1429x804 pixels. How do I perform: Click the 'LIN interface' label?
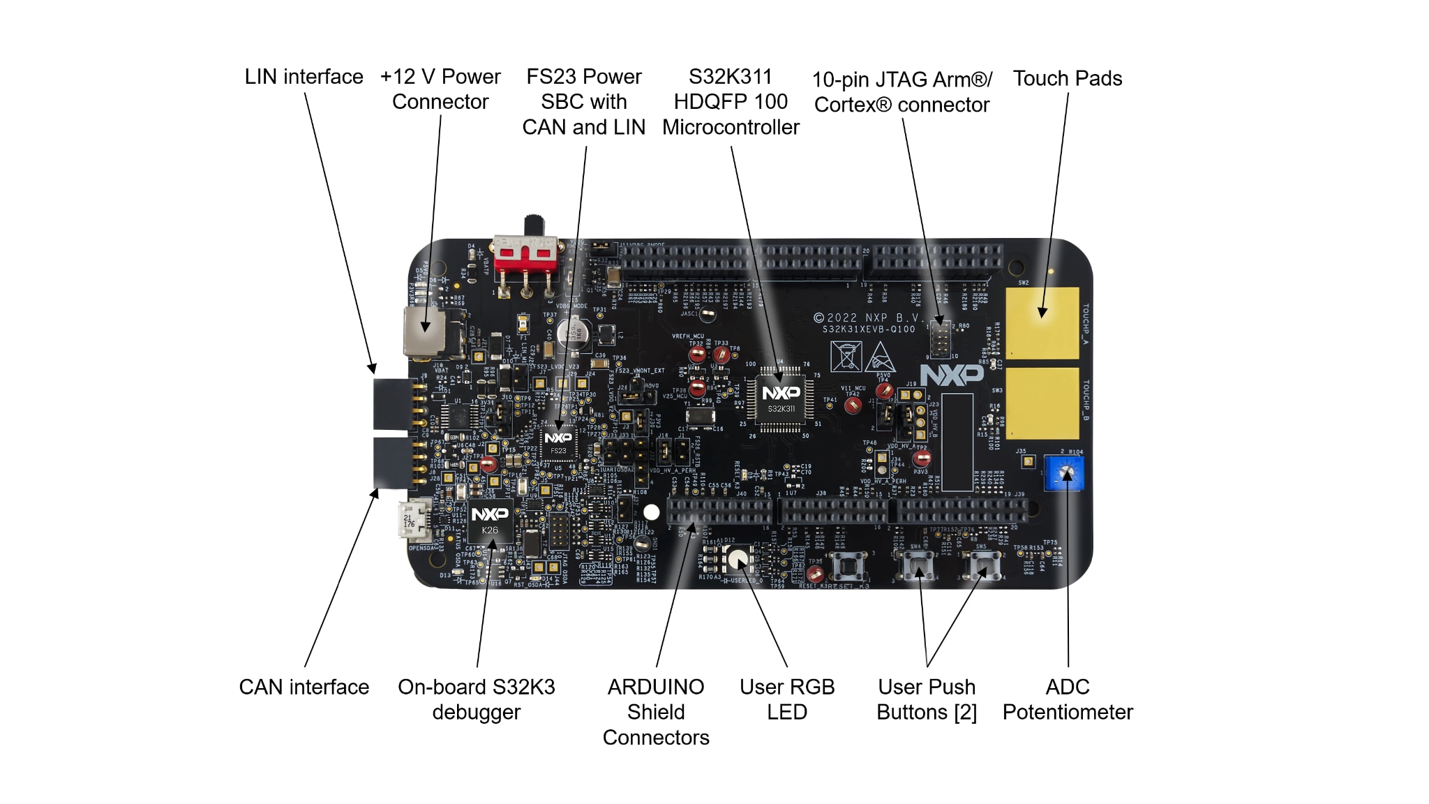304,77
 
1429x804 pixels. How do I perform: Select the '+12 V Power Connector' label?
440,89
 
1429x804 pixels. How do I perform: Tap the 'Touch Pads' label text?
1068,78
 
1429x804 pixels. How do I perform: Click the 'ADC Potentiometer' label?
1068,699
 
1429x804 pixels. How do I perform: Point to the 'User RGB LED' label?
787,699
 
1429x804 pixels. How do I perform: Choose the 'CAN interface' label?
304,687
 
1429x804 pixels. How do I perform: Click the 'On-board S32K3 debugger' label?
477,699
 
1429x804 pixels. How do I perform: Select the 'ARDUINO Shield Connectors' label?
656,712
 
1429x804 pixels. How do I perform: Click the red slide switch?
525,254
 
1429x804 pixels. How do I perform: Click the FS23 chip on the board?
558,442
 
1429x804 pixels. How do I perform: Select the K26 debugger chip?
490,521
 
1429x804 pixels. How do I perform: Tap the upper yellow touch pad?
1042,322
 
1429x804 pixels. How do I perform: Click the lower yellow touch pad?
1042,403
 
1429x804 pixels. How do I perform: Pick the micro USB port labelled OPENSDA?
414,521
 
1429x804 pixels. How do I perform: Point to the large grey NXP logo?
952,375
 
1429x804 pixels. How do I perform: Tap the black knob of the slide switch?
534,225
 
